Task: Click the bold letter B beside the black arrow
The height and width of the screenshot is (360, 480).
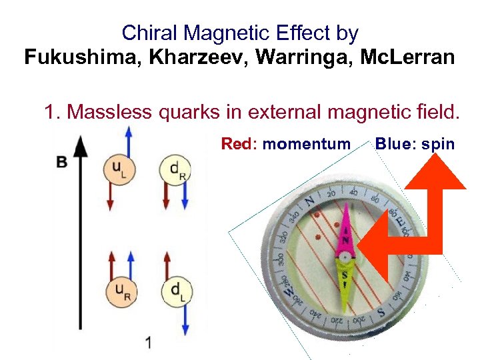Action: [x=62, y=162]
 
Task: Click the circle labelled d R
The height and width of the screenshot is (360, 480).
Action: [x=175, y=169]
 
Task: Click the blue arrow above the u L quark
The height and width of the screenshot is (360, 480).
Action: [x=129, y=141]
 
